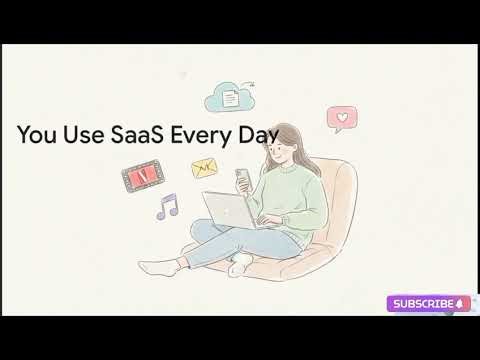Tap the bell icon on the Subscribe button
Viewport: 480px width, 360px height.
point(459,303)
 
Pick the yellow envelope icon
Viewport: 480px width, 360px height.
point(206,167)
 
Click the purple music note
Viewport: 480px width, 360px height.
point(166,206)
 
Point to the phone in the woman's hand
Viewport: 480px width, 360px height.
point(241,177)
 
